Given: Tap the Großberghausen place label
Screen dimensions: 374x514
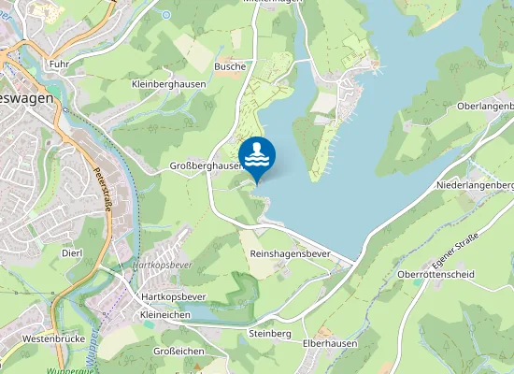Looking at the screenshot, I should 206,165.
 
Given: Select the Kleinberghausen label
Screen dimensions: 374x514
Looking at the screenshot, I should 167,84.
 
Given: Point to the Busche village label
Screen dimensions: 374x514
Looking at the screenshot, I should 230,66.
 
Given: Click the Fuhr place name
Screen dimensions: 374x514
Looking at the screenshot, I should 60,65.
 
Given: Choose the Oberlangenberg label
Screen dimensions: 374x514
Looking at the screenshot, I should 485,106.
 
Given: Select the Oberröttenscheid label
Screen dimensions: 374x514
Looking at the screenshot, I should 435,274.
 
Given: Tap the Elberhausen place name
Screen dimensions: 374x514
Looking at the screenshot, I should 331,343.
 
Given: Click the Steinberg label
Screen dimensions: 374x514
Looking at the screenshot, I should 271,334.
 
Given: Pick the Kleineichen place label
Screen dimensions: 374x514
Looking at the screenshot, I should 164,316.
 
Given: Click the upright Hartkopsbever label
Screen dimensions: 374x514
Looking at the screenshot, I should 172,296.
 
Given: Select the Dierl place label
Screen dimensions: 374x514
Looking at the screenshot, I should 72,253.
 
